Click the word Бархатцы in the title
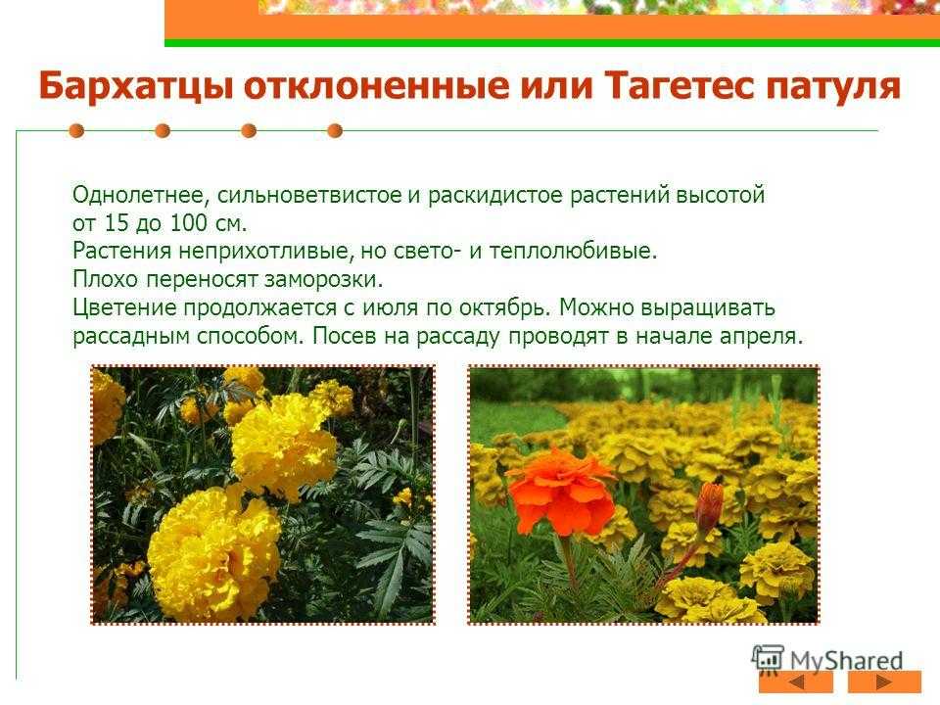pos(136,86)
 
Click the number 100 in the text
pos(188,223)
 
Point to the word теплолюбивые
pos(573,251)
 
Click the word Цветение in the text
pos(124,307)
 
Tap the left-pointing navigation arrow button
pos(795,682)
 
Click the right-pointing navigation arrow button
pos(884,682)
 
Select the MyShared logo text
pos(846,661)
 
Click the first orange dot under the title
pos(76,130)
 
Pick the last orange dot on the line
pos(335,130)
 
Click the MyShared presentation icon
pos(768,658)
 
